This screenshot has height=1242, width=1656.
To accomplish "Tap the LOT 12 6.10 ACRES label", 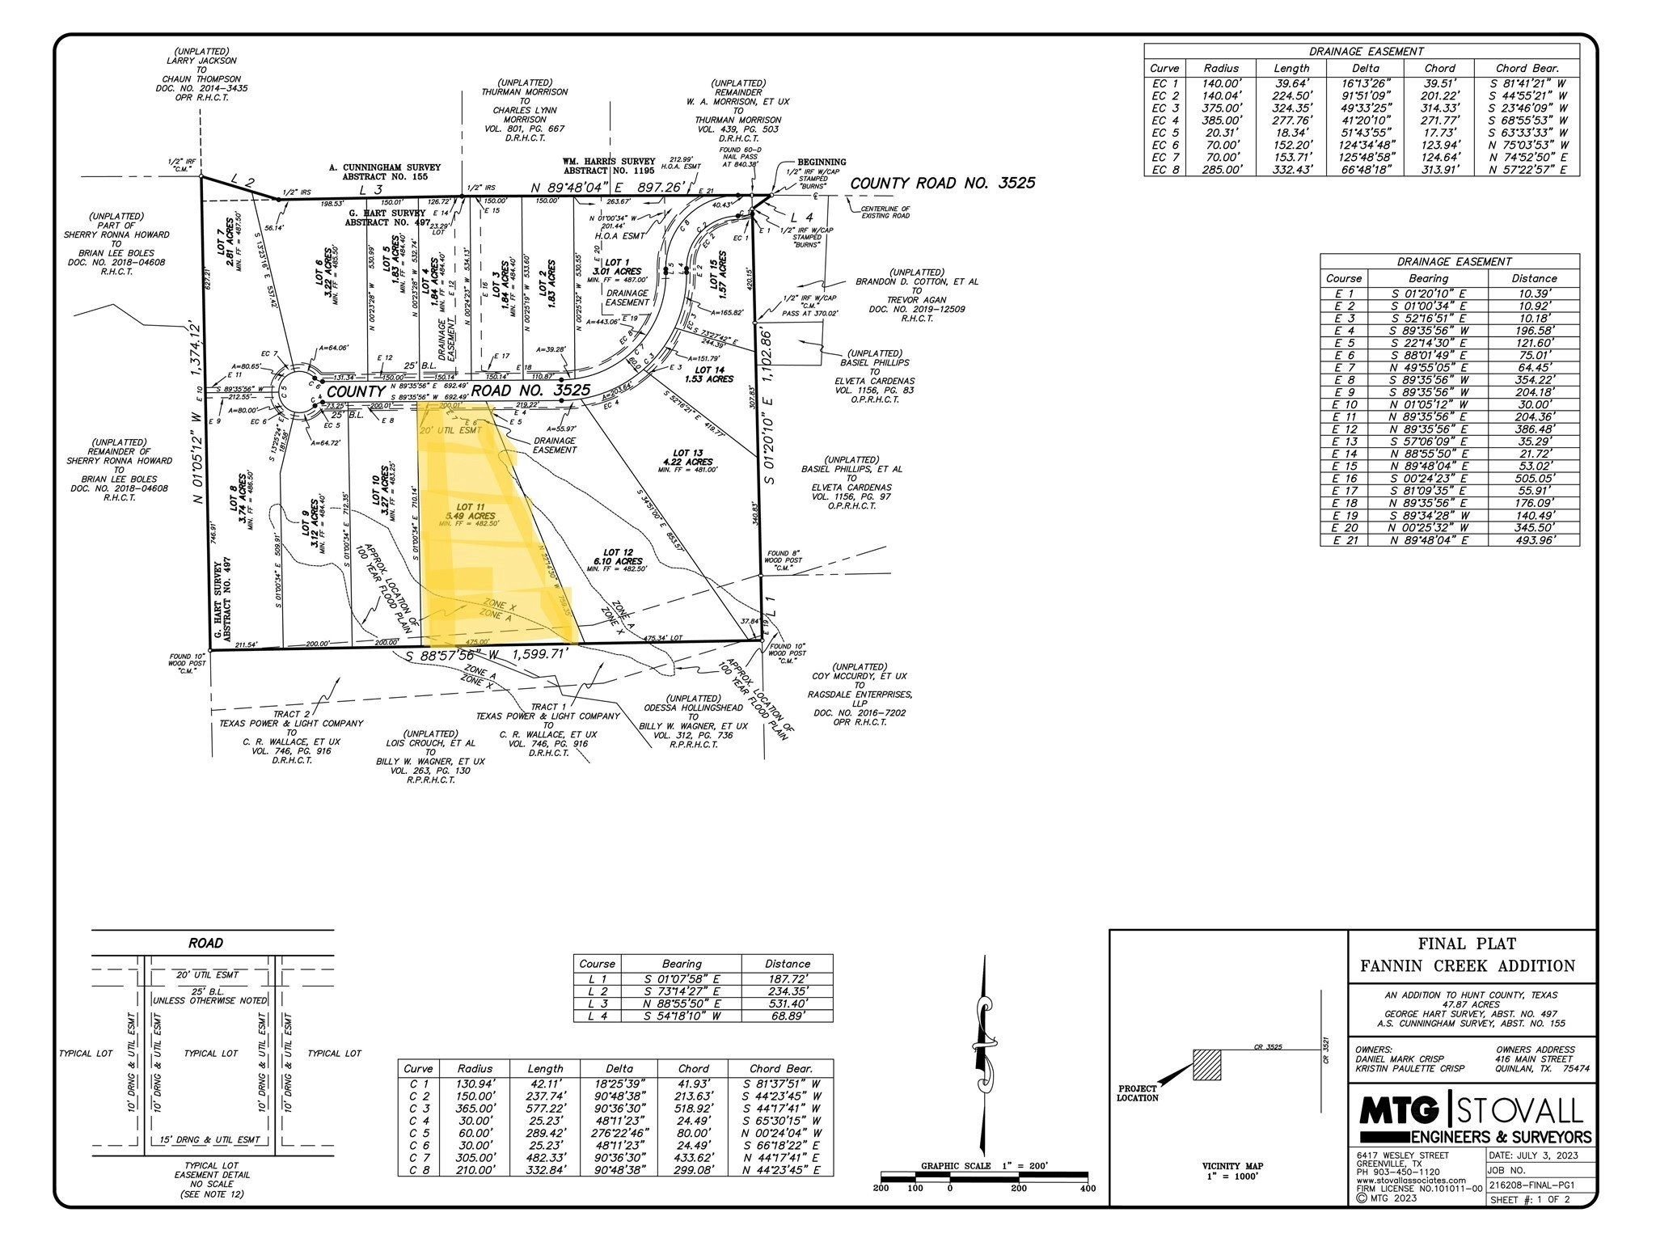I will [617, 557].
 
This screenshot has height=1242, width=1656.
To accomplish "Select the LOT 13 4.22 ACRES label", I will [687, 458].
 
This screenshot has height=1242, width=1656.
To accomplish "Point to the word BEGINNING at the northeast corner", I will [822, 163].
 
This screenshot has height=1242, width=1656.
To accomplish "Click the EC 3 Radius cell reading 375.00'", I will [1221, 108].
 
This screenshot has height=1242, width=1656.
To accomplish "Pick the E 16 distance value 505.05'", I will [1533, 479].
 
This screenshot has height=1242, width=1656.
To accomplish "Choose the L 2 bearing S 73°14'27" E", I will [682, 991].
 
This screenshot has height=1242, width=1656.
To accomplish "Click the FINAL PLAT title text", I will [1467, 944].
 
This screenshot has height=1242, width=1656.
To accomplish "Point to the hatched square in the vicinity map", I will [1206, 1064].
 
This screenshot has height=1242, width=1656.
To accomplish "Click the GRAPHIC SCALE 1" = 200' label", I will [984, 1166].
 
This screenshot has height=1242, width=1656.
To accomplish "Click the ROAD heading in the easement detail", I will [205, 943].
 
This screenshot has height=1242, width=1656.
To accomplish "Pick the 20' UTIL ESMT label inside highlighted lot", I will [450, 430].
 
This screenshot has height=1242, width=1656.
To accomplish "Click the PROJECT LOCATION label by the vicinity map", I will [1138, 1093].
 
